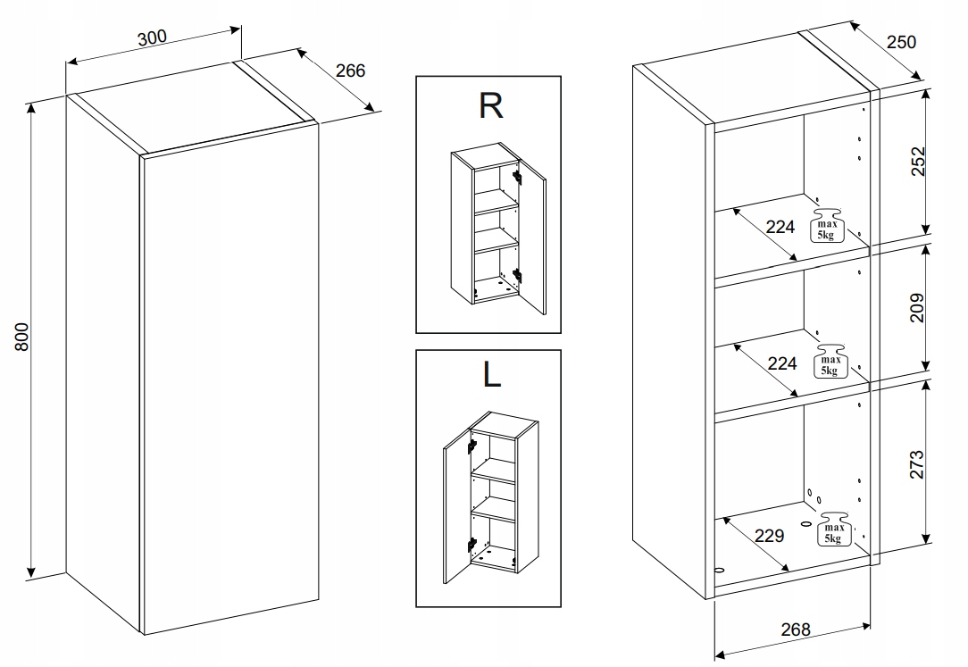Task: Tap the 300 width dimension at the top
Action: [x=152, y=38]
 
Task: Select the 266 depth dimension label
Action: [x=350, y=70]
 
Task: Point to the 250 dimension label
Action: [x=901, y=42]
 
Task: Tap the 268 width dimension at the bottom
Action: [x=794, y=629]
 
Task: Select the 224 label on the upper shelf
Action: [x=780, y=227]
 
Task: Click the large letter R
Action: [x=490, y=105]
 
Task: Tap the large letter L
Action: [x=490, y=375]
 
